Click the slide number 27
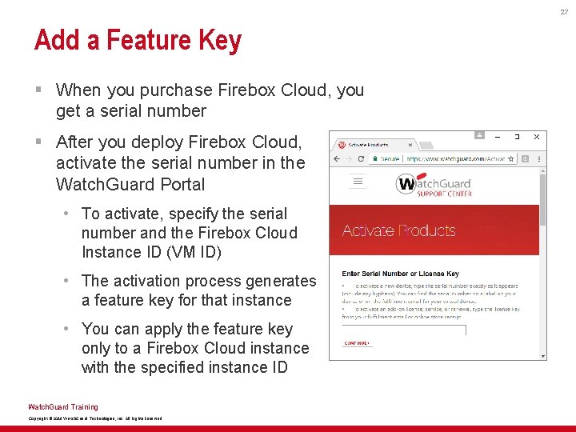564,11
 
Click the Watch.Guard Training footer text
62,407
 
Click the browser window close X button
537,137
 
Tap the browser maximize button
517,137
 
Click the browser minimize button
498,137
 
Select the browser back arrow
337,159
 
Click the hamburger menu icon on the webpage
358,182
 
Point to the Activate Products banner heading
398,230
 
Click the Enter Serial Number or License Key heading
401,274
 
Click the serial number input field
393,328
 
